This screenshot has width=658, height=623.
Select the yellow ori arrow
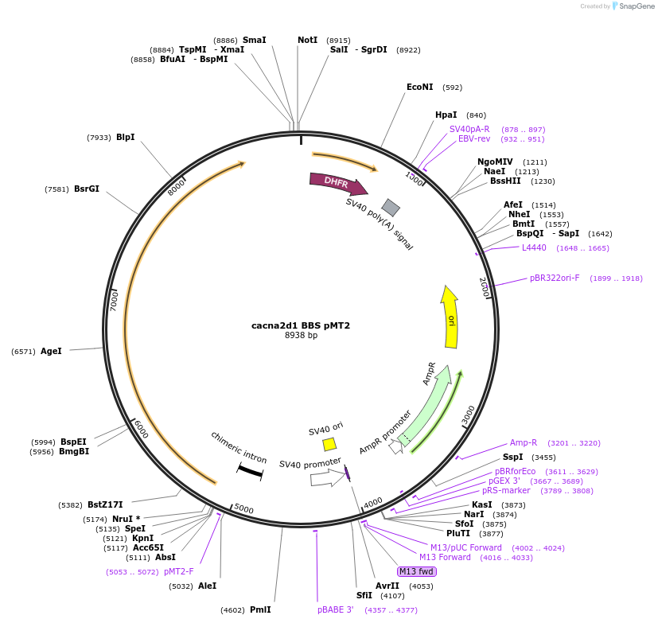point(450,317)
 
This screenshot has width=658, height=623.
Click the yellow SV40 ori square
point(329,444)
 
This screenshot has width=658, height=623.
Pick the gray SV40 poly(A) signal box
point(391,207)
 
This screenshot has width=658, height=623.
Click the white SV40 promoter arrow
point(325,477)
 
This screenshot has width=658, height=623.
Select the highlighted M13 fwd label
point(416,571)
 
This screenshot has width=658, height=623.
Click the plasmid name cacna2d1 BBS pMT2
point(301,325)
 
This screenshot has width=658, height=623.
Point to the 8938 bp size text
point(301,335)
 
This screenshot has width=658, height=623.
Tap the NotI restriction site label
point(307,40)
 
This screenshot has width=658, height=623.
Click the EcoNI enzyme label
point(419,88)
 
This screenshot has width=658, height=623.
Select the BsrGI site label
point(87,189)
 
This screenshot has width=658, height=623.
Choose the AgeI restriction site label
point(51,351)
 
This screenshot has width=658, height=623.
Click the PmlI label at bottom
point(260,610)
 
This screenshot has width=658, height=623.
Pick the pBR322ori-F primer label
point(555,278)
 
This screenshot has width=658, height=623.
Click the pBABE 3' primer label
point(335,610)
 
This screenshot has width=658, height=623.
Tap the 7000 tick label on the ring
point(115,300)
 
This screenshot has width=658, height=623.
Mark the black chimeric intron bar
point(250,471)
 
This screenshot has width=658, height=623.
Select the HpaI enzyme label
point(446,115)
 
